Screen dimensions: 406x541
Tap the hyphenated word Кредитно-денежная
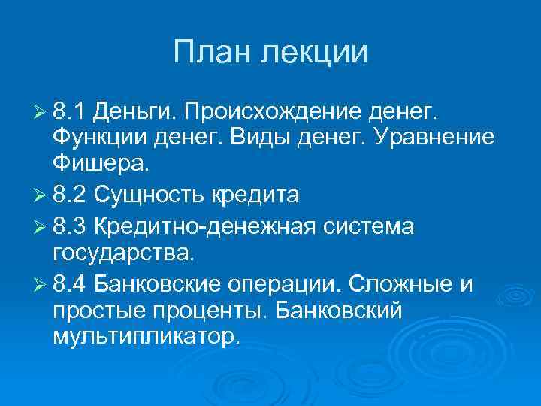click(203, 226)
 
